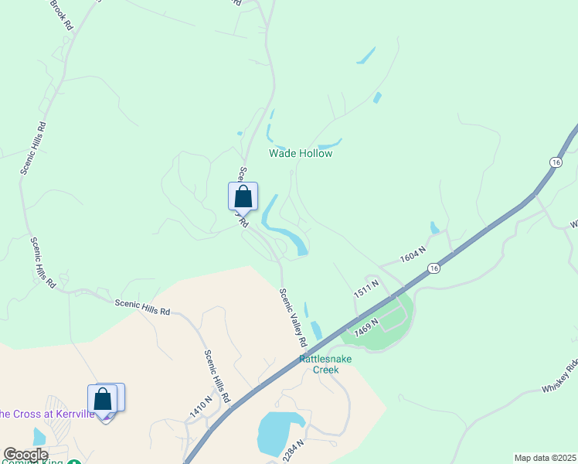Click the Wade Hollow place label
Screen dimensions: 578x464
click(x=301, y=153)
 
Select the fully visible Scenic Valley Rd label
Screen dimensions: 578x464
click(x=293, y=318)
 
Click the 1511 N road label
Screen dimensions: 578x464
click(x=365, y=290)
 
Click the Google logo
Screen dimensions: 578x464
click(x=26, y=455)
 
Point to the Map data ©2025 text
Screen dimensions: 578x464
click(x=545, y=458)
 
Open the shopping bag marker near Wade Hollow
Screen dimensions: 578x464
click(x=243, y=196)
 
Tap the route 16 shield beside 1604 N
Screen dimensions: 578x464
click(x=434, y=268)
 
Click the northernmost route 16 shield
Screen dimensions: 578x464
click(x=556, y=162)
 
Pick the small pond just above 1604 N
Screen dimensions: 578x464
click(x=434, y=227)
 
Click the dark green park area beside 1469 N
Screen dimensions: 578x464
click(x=386, y=325)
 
